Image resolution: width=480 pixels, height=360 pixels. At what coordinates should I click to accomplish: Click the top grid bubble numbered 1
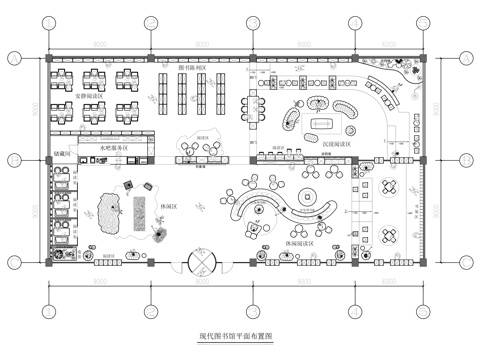(x=47, y=22)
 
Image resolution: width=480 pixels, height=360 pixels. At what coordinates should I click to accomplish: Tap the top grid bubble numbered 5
(x=432, y=22)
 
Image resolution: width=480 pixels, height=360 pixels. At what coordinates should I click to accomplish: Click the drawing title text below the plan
(x=240, y=337)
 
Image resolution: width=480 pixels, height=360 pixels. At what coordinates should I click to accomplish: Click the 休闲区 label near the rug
(x=167, y=207)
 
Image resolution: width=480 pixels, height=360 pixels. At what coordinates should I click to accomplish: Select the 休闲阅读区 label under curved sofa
(x=298, y=243)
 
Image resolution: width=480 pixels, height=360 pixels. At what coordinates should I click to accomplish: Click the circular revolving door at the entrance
(x=201, y=260)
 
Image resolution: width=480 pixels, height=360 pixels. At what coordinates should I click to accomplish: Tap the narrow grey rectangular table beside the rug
(x=137, y=211)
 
